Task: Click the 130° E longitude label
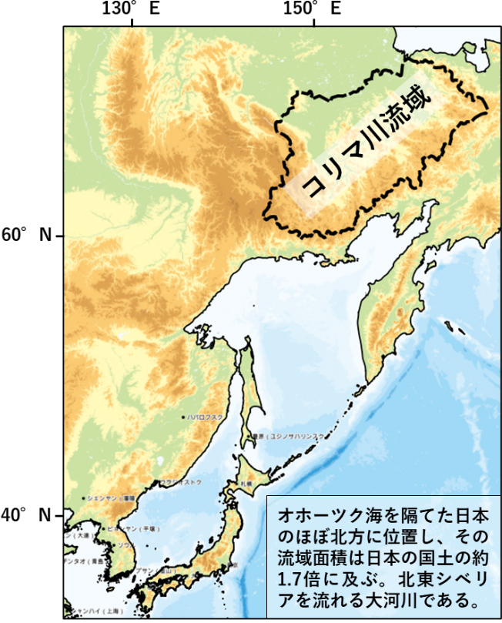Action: (x=131, y=9)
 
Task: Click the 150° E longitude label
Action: (x=312, y=9)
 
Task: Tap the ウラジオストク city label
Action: (x=181, y=482)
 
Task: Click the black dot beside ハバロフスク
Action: (x=183, y=417)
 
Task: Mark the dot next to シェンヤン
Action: (x=85, y=498)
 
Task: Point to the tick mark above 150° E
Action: (x=313, y=23)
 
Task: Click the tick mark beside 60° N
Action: (x=59, y=234)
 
